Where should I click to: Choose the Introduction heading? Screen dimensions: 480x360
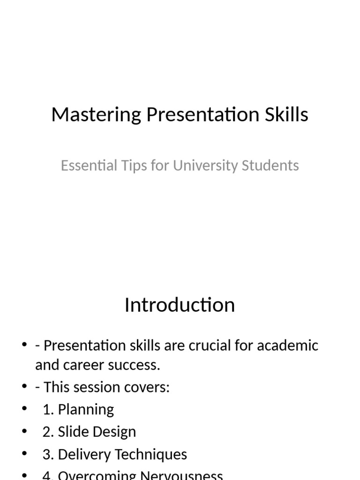(180, 305)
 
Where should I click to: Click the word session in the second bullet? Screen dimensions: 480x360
(98, 388)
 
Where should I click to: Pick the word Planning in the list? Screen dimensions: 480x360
(86, 409)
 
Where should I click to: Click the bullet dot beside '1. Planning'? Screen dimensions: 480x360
(25, 409)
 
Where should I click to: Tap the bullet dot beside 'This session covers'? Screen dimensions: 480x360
(25, 387)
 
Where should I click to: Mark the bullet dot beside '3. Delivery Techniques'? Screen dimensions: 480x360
(25, 454)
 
